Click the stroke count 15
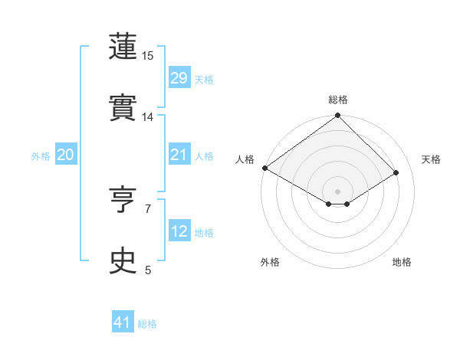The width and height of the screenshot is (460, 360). tap(148, 56)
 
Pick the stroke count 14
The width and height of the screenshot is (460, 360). tap(148, 117)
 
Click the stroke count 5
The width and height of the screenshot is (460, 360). tap(148, 270)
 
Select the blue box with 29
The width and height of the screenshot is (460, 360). tap(179, 77)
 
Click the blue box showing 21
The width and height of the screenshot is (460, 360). tap(179, 155)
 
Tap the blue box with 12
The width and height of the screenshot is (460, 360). tap(179, 231)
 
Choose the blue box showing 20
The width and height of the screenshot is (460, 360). tap(66, 155)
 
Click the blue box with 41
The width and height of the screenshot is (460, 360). tap(123, 322)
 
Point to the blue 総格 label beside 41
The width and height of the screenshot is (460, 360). tap(147, 324)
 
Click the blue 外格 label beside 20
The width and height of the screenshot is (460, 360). tap(41, 156)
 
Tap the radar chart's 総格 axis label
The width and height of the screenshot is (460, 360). tap(338, 100)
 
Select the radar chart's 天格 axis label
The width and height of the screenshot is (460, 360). tap(431, 159)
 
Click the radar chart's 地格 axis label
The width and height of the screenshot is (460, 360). tap(402, 262)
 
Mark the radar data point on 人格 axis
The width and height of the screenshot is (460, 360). tap(264, 168)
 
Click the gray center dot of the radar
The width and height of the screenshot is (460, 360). tap(338, 191)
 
